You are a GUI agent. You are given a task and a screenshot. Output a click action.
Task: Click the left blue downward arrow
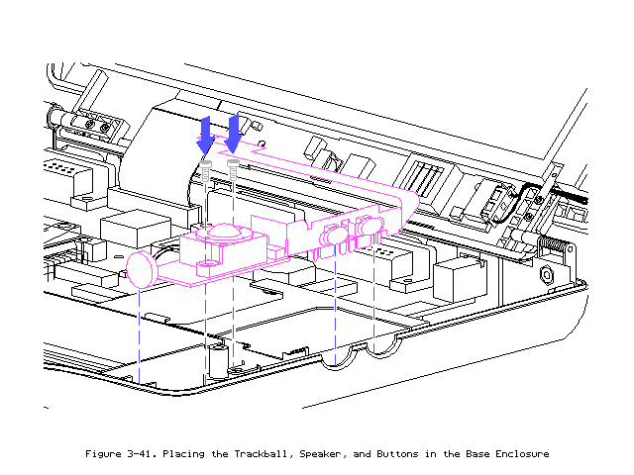(x=205, y=133)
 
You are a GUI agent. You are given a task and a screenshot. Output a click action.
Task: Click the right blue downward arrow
(x=234, y=129)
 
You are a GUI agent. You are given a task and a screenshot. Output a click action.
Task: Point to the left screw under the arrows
(x=205, y=171)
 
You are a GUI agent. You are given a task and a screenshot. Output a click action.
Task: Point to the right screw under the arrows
(x=233, y=168)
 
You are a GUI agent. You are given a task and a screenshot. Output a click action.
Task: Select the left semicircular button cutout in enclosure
(x=337, y=358)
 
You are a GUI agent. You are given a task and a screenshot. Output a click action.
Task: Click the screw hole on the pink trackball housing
(x=209, y=265)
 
